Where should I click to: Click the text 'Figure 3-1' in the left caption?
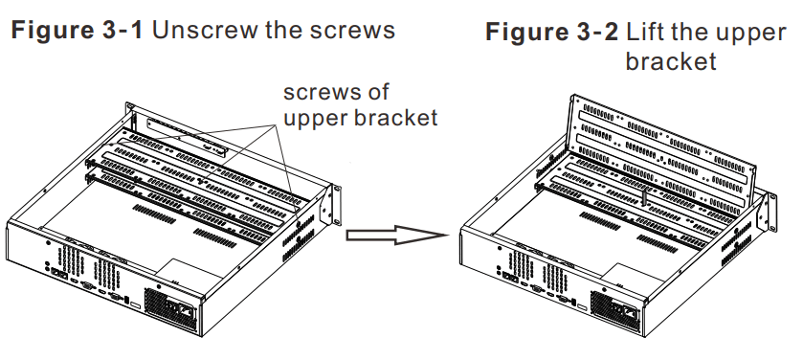pyautogui.click(x=77, y=29)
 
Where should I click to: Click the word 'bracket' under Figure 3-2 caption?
pyautogui.click(x=670, y=62)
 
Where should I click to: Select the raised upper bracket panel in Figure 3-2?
pyautogui.click(x=660, y=144)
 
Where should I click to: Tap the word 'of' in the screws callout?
pyautogui.click(x=379, y=94)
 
